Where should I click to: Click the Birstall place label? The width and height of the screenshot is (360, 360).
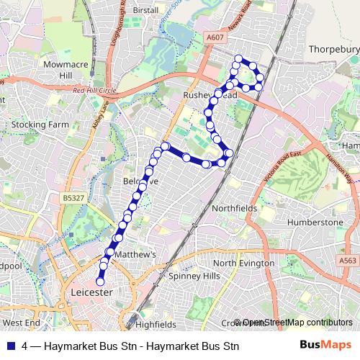145,11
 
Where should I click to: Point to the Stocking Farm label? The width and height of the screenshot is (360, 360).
40,125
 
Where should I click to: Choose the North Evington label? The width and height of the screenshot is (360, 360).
243,264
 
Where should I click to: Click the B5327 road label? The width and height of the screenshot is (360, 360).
73,196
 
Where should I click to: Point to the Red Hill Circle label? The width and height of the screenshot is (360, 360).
94,91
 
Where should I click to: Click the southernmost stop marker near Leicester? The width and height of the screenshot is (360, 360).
100,282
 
